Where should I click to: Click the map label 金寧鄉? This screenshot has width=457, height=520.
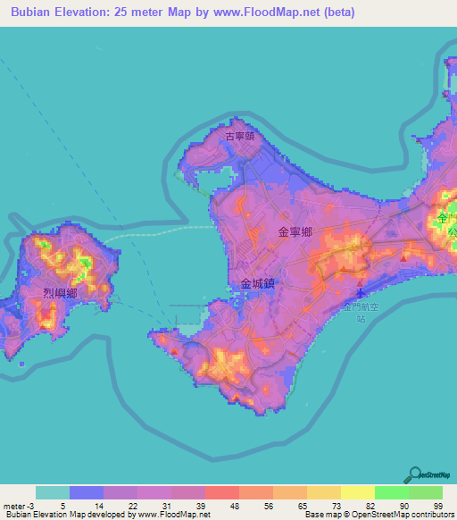295,231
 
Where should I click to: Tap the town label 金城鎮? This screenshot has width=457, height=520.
258,283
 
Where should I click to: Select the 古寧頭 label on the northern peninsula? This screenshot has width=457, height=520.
239,137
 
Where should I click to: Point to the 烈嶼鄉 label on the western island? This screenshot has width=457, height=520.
60,292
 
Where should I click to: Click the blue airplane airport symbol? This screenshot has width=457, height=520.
361,292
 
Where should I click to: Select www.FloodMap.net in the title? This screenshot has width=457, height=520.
270,13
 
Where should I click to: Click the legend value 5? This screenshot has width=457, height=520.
62,505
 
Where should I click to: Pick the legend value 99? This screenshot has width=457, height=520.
437,505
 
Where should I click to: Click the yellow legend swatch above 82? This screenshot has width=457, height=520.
357,492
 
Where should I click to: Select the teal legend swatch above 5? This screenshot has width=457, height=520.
53,492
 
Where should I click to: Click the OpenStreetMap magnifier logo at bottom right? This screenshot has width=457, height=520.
414,474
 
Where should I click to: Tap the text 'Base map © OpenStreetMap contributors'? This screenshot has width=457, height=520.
379,515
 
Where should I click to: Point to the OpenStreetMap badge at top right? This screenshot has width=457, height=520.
432,88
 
